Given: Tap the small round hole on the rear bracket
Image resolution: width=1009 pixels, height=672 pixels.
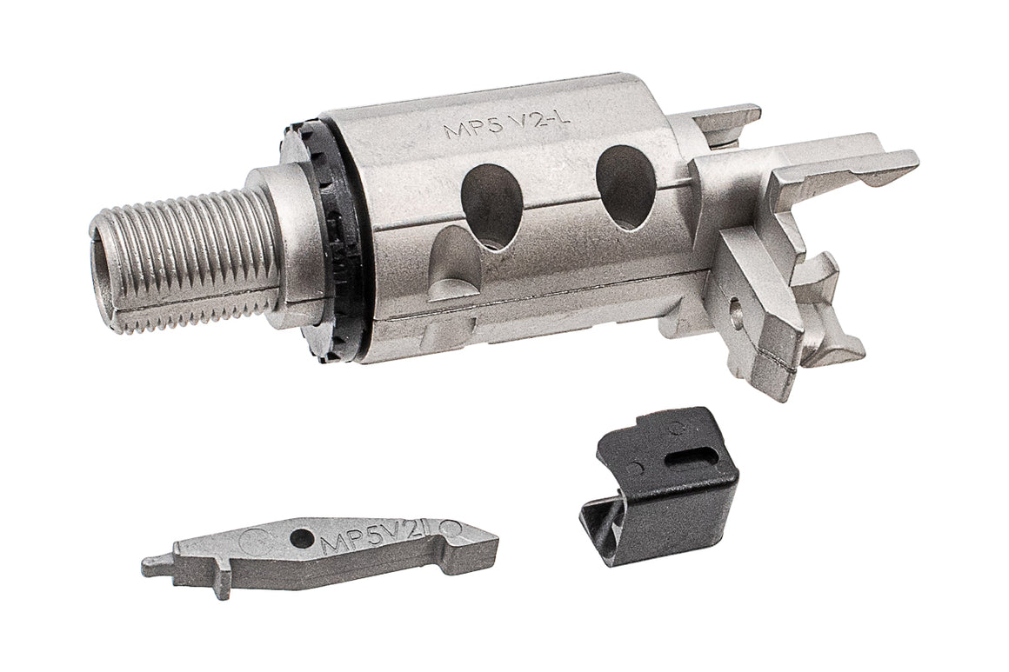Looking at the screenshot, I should [x=737, y=306].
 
